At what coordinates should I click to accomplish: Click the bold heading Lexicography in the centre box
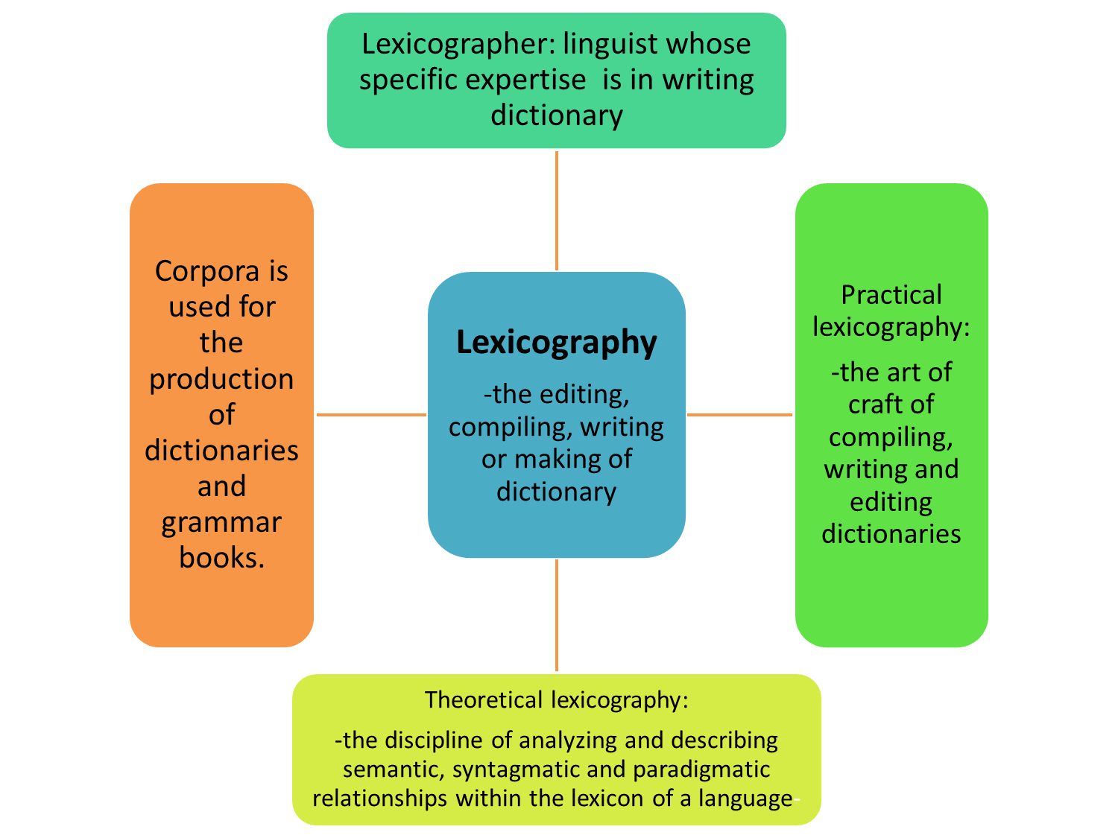(556, 343)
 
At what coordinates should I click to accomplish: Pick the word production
(221, 379)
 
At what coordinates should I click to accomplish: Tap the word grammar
(221, 522)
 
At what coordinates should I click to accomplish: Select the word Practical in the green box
(891, 295)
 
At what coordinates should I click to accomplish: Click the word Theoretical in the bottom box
(484, 700)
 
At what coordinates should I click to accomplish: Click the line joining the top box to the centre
(556, 210)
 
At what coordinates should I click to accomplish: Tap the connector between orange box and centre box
(371, 415)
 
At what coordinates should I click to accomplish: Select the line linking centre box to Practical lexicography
(740, 415)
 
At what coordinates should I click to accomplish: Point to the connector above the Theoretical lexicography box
(556, 615)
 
